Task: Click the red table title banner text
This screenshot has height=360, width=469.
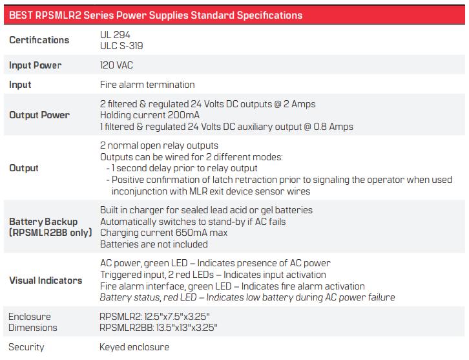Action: pos(156,16)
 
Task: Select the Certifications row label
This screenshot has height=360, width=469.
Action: pos(39,40)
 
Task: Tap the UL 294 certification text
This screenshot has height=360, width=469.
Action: pos(115,35)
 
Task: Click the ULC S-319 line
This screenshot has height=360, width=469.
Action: pos(121,46)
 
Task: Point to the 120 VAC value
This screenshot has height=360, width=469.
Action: pos(116,65)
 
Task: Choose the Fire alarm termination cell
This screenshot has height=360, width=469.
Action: pos(147,85)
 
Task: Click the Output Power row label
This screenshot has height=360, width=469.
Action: pos(39,115)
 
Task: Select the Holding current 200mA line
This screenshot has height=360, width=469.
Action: pos(150,115)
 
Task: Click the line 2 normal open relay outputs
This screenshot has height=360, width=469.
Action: pos(159,145)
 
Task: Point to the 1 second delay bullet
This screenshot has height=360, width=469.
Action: pos(182,168)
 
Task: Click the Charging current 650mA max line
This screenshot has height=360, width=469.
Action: pos(163,233)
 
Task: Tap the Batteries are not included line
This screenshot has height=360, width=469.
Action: pos(154,244)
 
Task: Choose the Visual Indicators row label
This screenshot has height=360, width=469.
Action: pos(45,281)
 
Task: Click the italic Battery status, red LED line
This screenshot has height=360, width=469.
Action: pos(247,297)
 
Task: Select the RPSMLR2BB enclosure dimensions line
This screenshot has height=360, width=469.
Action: pos(158,328)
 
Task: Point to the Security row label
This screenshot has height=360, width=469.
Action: pos(26,347)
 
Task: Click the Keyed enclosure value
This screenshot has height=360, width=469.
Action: pos(134,347)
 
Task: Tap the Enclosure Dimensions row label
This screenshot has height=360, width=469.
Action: pos(32,322)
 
